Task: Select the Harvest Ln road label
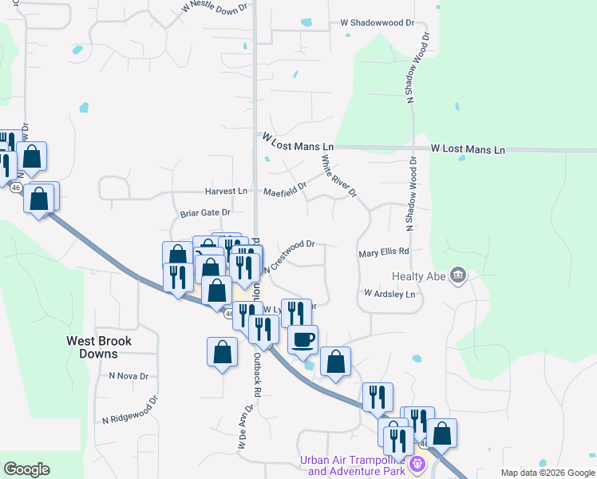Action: (x=226, y=192)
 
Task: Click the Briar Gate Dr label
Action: (x=205, y=213)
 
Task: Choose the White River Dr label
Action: (x=338, y=176)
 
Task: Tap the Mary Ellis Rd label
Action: (x=384, y=251)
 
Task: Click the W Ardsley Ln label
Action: (x=390, y=294)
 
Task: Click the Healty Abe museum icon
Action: (x=458, y=276)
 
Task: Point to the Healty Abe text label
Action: (x=418, y=277)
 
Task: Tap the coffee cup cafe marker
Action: (x=302, y=339)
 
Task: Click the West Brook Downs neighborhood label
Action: (x=99, y=346)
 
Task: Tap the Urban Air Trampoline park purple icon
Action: (x=416, y=463)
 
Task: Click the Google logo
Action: (x=27, y=469)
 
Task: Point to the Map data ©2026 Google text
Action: (x=547, y=473)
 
